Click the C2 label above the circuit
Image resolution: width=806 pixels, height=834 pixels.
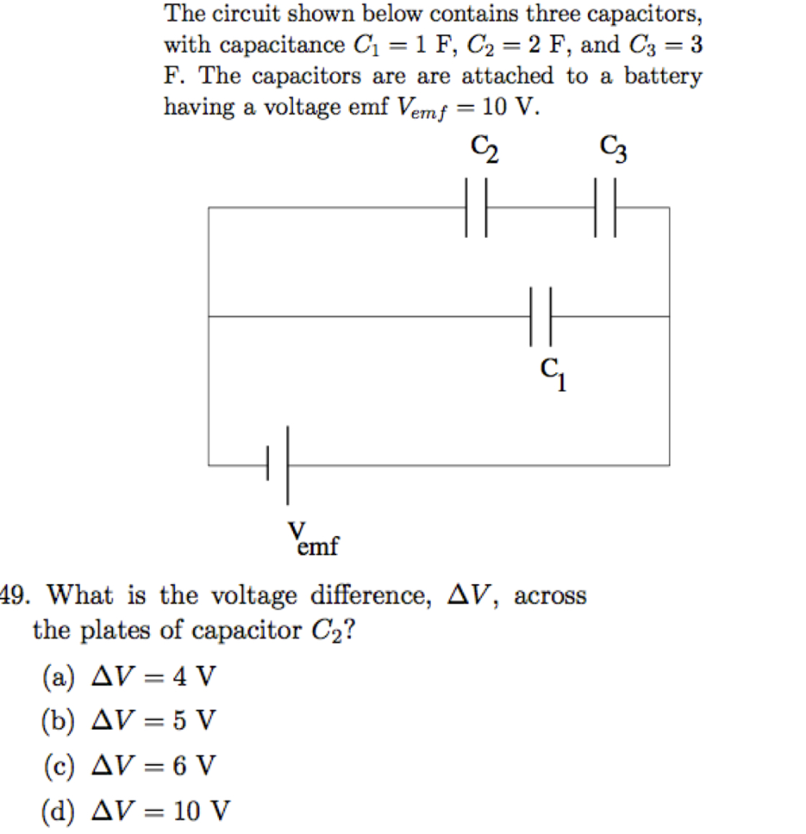click(484, 151)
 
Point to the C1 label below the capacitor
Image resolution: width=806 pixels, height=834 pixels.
click(553, 375)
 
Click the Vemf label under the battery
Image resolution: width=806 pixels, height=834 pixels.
click(312, 540)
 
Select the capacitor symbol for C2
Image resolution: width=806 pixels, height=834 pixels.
click(476, 208)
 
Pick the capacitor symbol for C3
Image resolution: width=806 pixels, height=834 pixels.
click(605, 208)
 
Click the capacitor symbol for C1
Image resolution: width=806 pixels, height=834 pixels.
click(541, 316)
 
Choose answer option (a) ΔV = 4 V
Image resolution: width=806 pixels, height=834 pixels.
click(129, 677)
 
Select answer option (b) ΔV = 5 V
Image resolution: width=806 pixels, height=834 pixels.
click(129, 721)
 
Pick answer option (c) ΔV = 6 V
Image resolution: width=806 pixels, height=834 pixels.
click(129, 766)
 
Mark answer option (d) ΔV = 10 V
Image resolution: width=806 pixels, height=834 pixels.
click(135, 810)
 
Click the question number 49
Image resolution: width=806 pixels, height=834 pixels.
click(14, 596)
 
